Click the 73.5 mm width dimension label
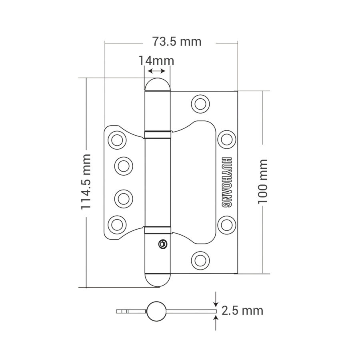(176, 41)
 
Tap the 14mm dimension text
(156, 61)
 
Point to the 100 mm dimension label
(262, 181)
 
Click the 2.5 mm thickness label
(242, 311)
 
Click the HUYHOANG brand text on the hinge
(226, 181)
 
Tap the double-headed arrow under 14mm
(156, 71)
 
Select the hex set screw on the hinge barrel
(162, 244)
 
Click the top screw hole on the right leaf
(200, 103)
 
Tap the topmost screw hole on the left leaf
(117, 140)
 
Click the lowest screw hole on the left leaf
(117, 223)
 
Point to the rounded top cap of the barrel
(157, 85)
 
